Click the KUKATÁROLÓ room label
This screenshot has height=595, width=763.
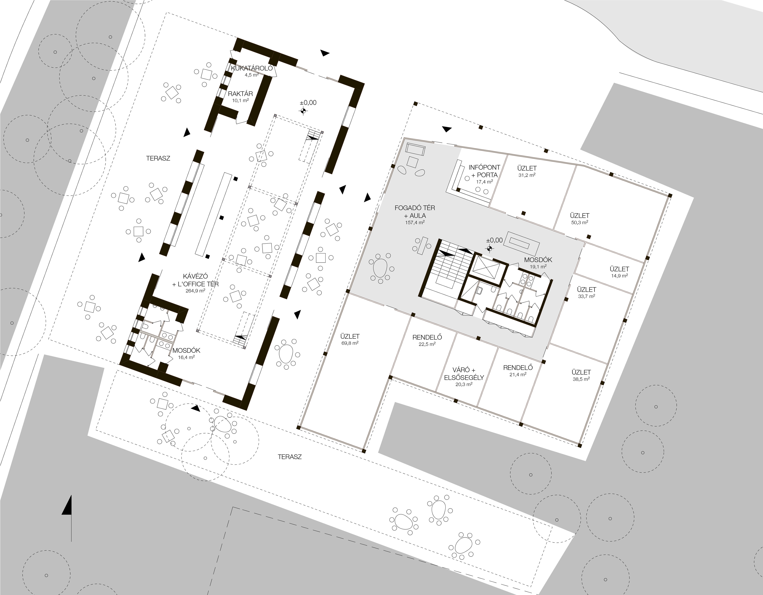click(x=252, y=69)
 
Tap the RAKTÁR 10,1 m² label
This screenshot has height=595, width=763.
click(x=240, y=96)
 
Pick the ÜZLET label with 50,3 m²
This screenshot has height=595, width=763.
click(x=579, y=218)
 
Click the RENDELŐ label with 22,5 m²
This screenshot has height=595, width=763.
click(x=427, y=340)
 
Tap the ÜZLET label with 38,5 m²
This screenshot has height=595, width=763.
click(x=581, y=375)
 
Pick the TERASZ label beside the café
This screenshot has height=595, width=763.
click(x=158, y=158)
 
